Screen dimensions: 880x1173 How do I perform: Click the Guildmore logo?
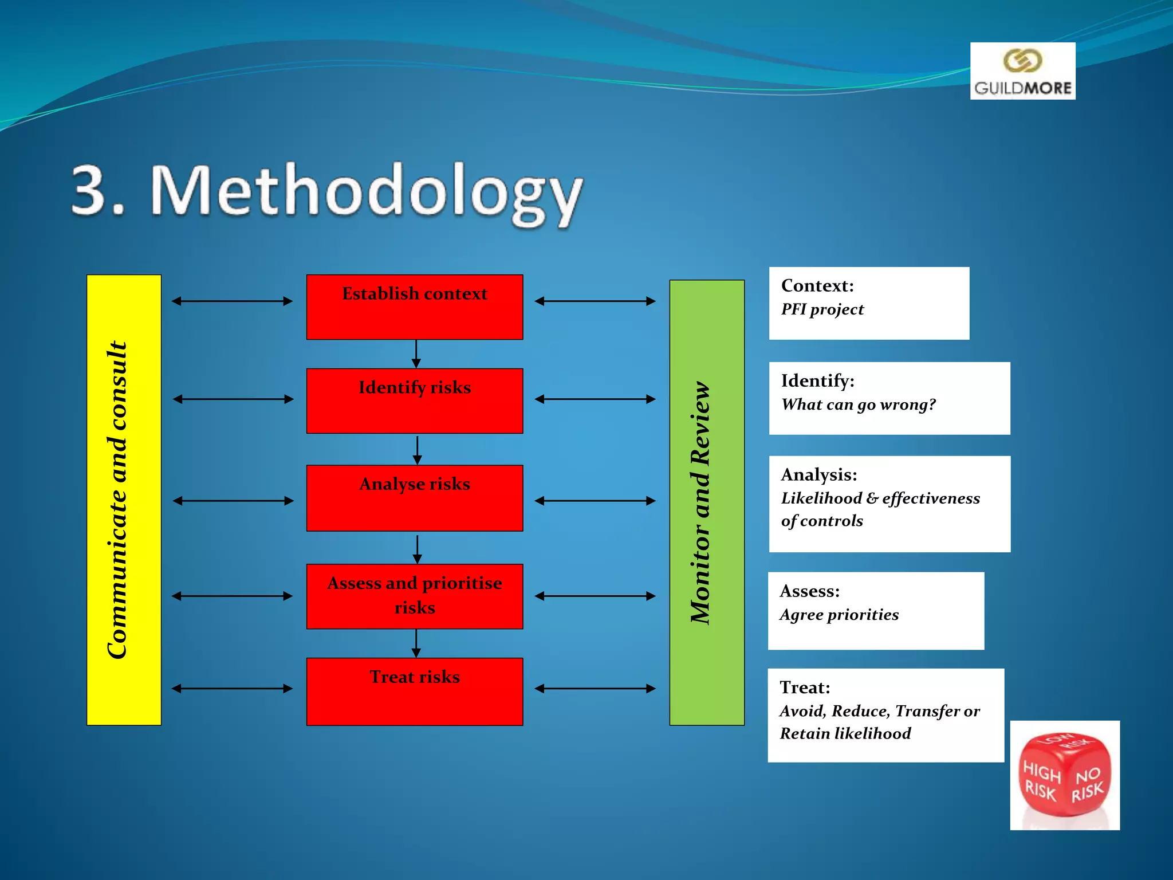pos(1022,71)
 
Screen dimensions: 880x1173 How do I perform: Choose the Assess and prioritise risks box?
pos(415,596)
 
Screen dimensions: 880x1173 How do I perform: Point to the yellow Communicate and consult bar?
pos(124,500)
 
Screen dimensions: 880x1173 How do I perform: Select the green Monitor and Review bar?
pos(707,502)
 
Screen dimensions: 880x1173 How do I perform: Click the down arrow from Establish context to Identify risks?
pos(416,354)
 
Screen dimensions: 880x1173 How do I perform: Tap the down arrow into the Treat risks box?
pos(416,643)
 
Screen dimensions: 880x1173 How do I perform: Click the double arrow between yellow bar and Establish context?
pos(232,301)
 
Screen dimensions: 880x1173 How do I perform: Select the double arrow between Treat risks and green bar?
pos(595,688)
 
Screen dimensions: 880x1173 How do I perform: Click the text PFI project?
pos(822,309)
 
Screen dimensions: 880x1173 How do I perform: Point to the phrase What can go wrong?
pos(858,404)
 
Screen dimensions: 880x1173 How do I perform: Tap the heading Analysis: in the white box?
pos(819,474)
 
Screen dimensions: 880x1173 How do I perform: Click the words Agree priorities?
pos(839,615)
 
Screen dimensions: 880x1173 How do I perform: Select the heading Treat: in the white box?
pos(805,687)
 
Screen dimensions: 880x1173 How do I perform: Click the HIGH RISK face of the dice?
pos(1041,780)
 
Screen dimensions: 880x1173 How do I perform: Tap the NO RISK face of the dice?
pos(1088,784)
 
